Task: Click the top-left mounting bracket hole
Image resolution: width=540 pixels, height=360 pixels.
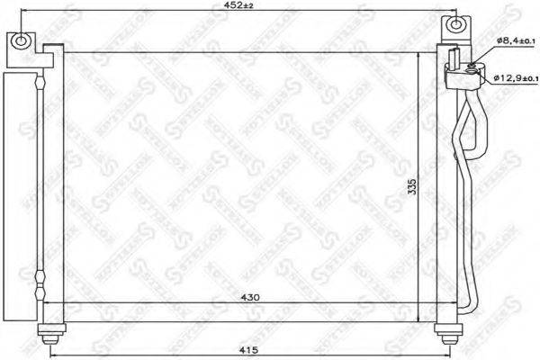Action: tap(20, 41)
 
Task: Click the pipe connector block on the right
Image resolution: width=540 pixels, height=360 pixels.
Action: tap(461, 69)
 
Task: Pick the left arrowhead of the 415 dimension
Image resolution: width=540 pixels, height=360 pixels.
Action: tap(49, 356)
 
